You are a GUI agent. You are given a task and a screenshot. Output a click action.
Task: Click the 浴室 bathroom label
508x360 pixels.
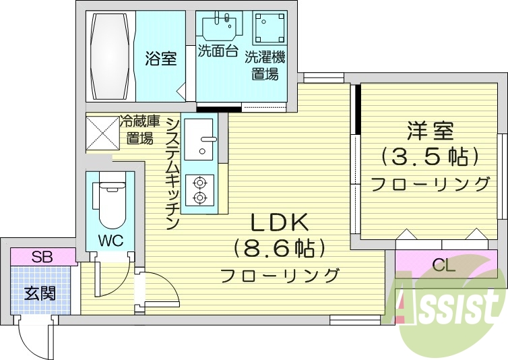tap(161, 59)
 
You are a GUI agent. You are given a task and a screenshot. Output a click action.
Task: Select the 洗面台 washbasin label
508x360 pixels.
tap(218, 51)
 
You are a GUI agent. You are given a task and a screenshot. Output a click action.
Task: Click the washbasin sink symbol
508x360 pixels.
tap(220, 26)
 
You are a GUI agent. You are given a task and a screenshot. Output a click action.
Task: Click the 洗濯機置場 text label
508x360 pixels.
tap(265, 65)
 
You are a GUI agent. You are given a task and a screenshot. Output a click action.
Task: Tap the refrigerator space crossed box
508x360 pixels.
tap(102, 132)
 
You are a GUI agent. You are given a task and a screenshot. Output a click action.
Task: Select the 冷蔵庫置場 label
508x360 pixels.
tap(140, 130)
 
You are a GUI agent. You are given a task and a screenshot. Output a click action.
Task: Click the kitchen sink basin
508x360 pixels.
tap(200, 140)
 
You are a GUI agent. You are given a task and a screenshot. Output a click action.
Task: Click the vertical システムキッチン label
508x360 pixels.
tap(172, 173)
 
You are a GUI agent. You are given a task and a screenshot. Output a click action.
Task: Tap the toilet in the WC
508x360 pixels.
tap(110, 203)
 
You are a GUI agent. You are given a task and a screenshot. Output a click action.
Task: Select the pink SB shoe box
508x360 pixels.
tap(42, 257)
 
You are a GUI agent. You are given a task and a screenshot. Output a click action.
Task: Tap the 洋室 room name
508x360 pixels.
tap(429, 129)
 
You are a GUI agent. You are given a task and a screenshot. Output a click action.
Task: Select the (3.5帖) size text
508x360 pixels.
tap(429, 156)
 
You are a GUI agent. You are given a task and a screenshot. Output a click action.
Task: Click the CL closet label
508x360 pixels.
tap(443, 265)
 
